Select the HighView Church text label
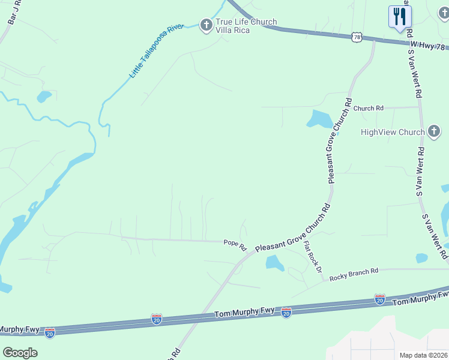click(x=392, y=132)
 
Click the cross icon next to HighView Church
click(x=435, y=132)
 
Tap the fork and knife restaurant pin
click(x=399, y=16)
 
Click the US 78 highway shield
click(x=358, y=37)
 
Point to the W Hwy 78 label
click(x=429, y=46)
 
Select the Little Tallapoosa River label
click(x=156, y=52)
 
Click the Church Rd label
click(x=368, y=109)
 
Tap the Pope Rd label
click(x=235, y=244)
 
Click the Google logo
click(x=20, y=353)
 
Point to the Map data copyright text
click(x=424, y=355)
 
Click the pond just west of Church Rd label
click(x=319, y=119)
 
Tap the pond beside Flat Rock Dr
click(x=274, y=262)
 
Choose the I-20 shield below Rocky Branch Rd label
click(x=379, y=299)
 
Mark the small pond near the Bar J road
click(x=44, y=96)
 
